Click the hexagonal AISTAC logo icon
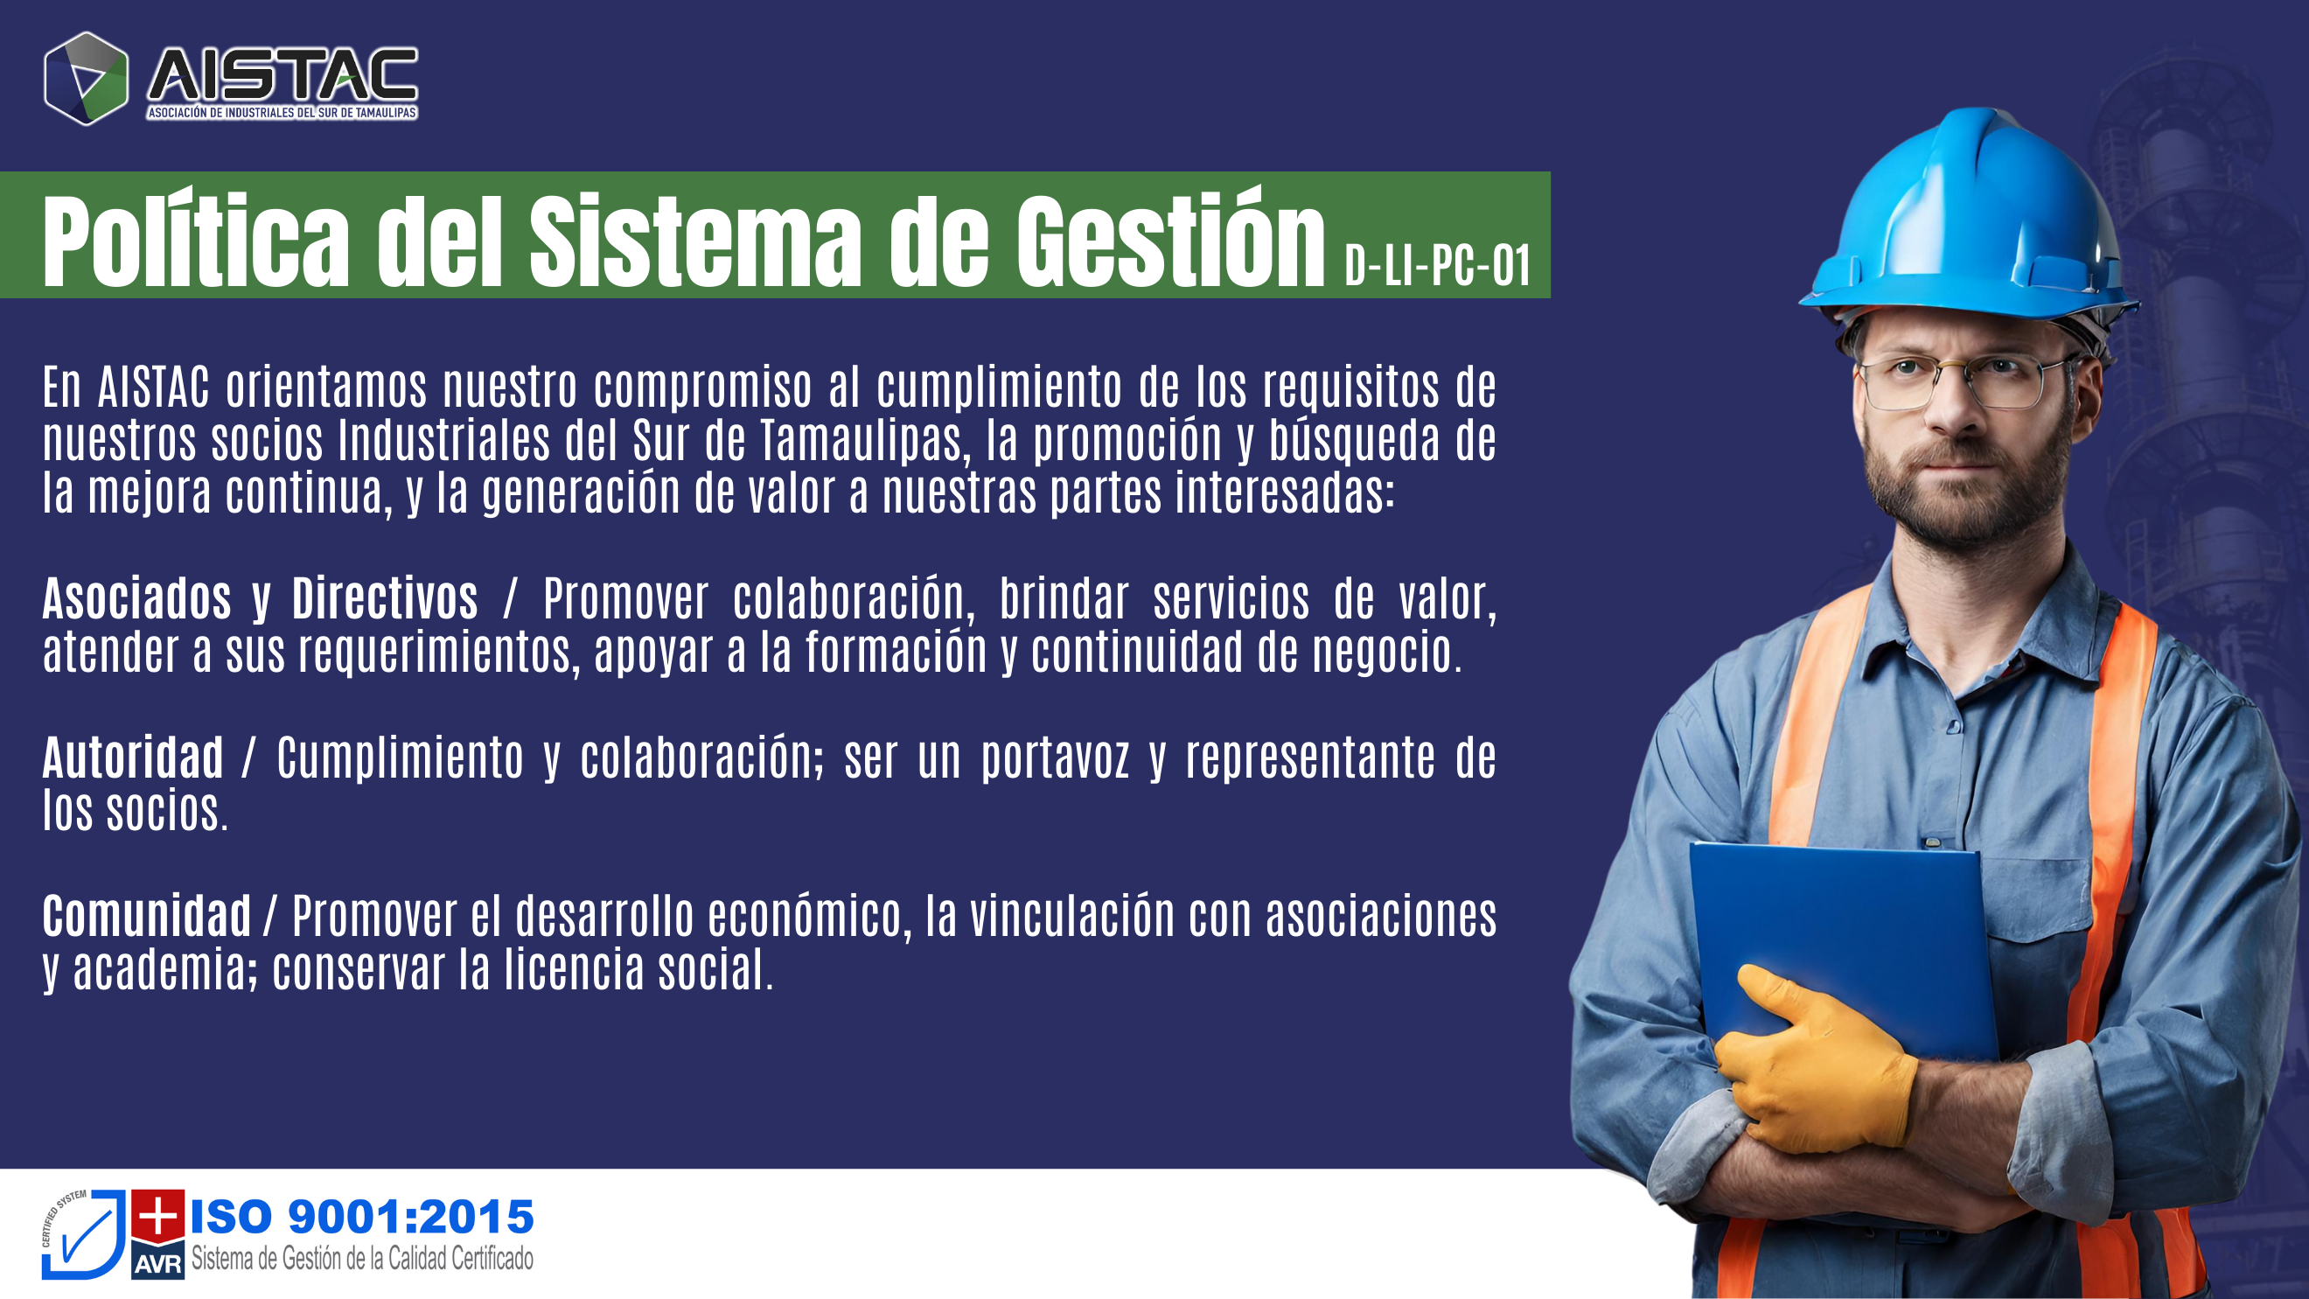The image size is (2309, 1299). coord(86,79)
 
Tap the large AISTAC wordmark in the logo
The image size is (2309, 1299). coord(283,74)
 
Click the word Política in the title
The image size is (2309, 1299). coord(195,241)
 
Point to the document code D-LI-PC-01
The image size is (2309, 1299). coord(1438,265)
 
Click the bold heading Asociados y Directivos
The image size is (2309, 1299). coord(260,599)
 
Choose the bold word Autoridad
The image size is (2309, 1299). coord(133,758)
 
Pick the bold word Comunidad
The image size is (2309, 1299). coord(147,916)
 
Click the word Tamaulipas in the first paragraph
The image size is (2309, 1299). coord(866,440)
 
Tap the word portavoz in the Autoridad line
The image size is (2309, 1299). coord(1055,759)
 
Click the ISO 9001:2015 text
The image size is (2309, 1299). coord(362,1217)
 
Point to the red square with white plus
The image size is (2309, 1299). coord(157,1217)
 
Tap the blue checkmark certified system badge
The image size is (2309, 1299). coord(83,1234)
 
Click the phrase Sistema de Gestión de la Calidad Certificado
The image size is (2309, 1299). coord(362,1259)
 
